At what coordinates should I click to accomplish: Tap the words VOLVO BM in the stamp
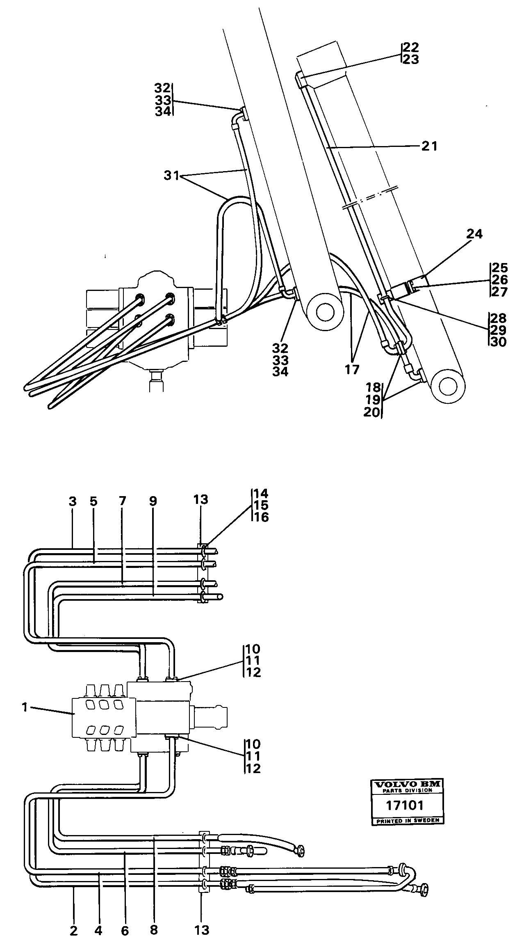[406, 784]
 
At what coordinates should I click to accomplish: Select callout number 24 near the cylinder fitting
[474, 234]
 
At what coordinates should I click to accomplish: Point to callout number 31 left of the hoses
[172, 176]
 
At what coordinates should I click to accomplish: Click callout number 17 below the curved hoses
[351, 369]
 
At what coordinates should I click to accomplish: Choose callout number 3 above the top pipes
[73, 501]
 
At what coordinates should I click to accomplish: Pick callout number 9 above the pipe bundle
[153, 501]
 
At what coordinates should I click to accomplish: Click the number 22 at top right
[411, 47]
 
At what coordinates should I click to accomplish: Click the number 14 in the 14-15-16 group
[261, 493]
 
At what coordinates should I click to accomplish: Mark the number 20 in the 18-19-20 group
[372, 412]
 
